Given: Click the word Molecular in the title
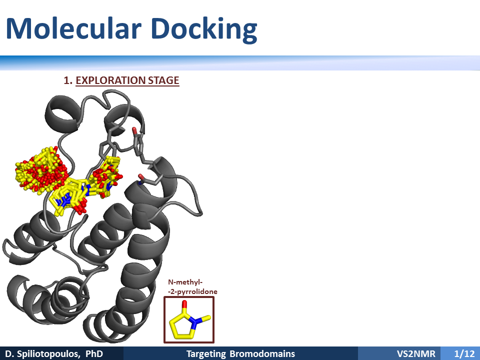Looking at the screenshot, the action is click(73, 28).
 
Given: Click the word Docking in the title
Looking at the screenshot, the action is click(204, 30).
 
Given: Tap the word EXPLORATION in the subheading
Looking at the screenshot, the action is click(110, 80).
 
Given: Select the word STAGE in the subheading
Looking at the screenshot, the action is click(164, 80).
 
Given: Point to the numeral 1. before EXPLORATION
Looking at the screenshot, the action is click(68, 80).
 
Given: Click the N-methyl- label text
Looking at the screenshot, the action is click(185, 282).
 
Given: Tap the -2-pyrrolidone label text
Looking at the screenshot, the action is click(192, 291).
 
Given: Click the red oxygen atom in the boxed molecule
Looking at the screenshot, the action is click(184, 303).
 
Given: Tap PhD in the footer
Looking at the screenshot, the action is click(94, 354).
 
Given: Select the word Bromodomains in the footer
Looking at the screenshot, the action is click(262, 354).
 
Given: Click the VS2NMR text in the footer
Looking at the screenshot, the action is click(416, 354).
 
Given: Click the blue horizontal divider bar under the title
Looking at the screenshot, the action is click(240, 63).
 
